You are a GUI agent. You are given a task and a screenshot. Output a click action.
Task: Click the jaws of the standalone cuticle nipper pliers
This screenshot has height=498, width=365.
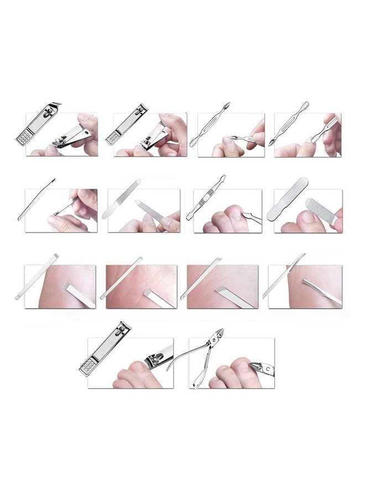[x=218, y=335]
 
